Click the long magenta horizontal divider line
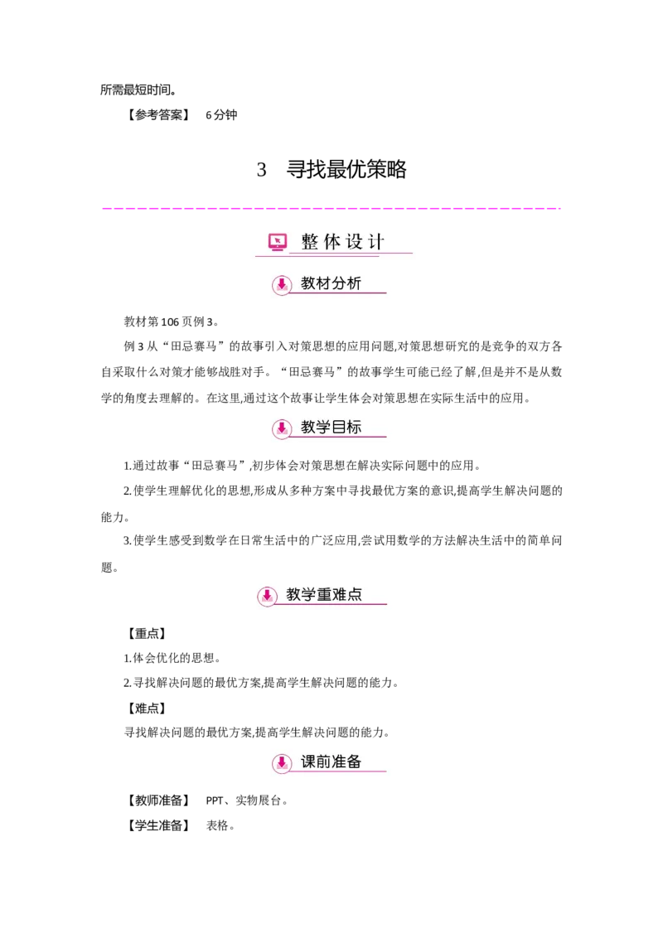coord(331,209)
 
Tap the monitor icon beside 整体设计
coord(278,242)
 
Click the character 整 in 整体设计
coord(310,242)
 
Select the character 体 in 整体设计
coord(332,242)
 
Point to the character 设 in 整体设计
coord(355,242)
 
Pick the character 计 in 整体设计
coord(376,242)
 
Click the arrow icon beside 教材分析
coord(282,285)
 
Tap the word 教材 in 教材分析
coord(316,283)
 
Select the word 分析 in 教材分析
coord(346,283)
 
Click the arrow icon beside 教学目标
coord(282,428)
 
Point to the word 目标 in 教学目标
coord(346,428)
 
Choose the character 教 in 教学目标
coord(308,428)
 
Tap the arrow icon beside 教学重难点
coord(267,595)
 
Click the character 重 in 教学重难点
coord(324,594)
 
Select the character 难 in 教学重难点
coord(339,594)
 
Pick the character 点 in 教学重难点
coord(355,594)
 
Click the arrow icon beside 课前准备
coord(282,762)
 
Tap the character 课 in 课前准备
coord(308,762)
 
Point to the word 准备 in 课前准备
coord(346,762)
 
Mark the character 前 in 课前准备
coord(323,762)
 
